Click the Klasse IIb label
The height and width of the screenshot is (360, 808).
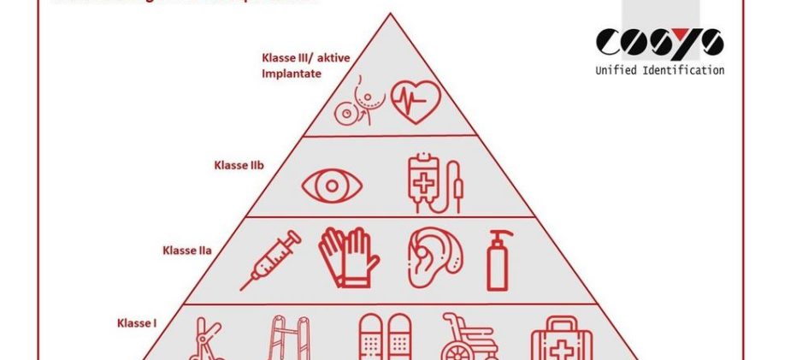pyautogui.click(x=238, y=165)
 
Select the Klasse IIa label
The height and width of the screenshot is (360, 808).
pyautogui.click(x=186, y=251)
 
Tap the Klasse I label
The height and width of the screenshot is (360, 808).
pyautogui.click(x=137, y=323)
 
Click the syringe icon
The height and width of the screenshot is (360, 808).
pyautogui.click(x=270, y=259)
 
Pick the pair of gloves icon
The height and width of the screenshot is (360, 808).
pyautogui.click(x=349, y=257)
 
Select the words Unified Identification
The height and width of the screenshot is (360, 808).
pyautogui.click(x=659, y=70)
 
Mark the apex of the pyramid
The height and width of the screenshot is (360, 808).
pyautogui.click(x=391, y=14)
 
